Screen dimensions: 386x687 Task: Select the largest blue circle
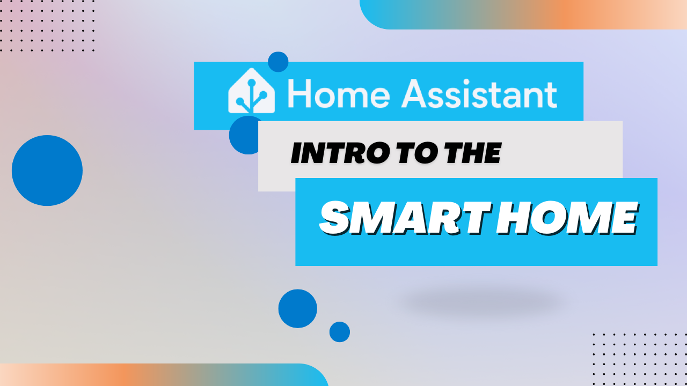(47, 170)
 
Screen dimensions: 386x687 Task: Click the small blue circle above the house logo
(278, 61)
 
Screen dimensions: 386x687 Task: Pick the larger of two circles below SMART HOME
(297, 309)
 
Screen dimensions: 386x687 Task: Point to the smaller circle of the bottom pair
(339, 332)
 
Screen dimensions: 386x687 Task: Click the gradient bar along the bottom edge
(161, 375)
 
